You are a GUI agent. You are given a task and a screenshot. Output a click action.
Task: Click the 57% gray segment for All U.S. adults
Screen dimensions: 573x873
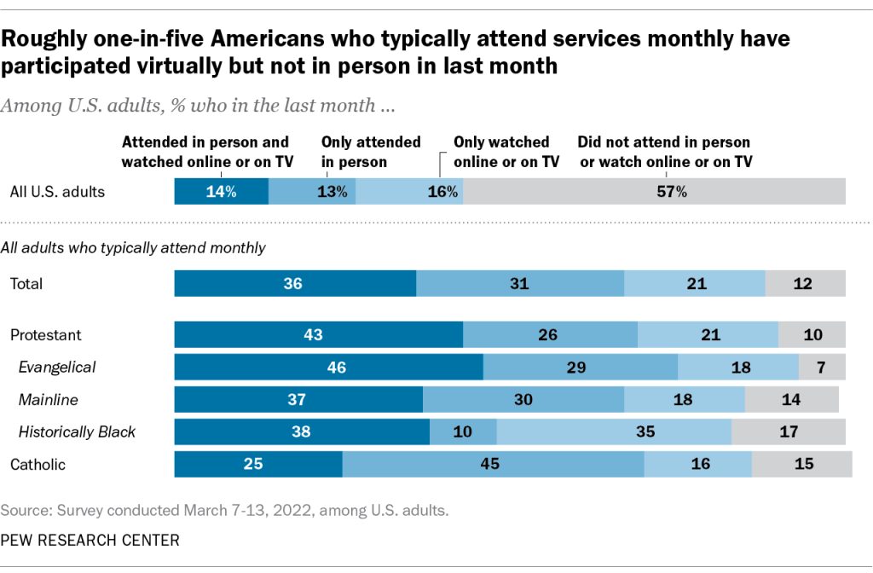point(655,192)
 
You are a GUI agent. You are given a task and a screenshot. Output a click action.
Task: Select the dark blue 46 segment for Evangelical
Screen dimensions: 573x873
point(328,368)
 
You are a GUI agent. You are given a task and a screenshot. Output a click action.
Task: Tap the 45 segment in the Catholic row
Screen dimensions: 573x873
point(493,465)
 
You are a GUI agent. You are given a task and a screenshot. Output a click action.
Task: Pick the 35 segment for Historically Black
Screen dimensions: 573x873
point(614,432)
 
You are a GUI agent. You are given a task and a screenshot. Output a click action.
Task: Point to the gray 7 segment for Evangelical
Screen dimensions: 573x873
point(822,368)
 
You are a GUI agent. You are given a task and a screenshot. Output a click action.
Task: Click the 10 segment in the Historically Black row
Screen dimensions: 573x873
point(463,432)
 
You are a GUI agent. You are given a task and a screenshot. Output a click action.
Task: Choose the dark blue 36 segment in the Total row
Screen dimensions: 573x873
point(295,284)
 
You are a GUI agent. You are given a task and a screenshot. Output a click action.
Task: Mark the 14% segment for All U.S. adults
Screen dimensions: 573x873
point(221,192)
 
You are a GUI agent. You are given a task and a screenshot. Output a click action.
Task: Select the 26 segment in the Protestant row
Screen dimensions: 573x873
point(550,335)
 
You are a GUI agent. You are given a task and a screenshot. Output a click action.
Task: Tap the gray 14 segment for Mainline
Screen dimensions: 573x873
point(791,400)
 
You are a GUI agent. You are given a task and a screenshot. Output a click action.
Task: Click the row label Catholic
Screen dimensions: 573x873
point(38,465)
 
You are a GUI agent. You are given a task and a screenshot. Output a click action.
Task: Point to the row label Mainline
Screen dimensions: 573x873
point(44,400)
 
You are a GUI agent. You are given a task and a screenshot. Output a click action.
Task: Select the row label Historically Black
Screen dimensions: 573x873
point(78,432)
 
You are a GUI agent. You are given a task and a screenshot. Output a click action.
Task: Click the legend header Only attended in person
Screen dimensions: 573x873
point(371,152)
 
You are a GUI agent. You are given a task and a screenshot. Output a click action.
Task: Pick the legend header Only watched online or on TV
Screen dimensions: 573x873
point(506,152)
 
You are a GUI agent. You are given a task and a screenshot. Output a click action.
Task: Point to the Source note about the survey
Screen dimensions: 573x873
point(224,511)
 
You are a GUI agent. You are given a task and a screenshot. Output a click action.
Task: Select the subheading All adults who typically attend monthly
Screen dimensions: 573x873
point(133,248)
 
